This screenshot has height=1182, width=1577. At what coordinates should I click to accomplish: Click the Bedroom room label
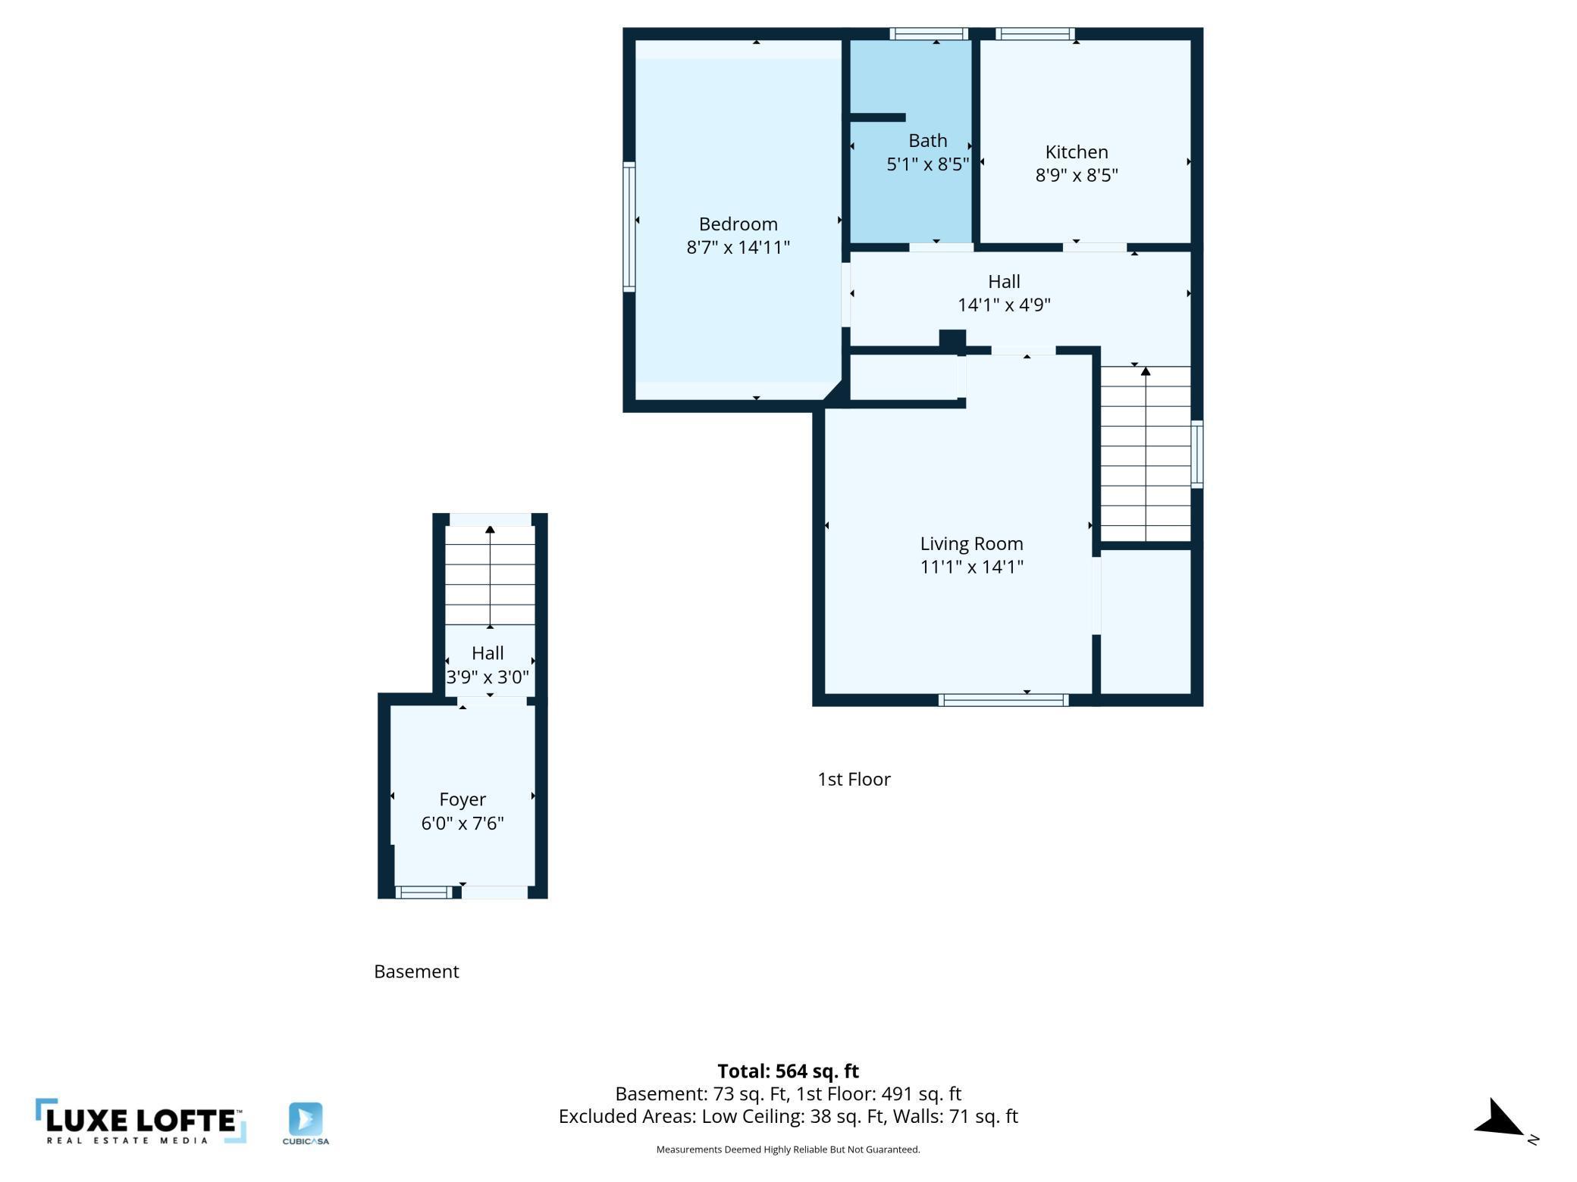click(x=738, y=224)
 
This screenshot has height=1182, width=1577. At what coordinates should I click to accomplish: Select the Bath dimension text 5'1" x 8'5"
click(x=928, y=164)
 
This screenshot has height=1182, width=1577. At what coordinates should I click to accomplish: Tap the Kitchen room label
click(x=1077, y=152)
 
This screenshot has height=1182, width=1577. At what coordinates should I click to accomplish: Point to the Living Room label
click(x=971, y=543)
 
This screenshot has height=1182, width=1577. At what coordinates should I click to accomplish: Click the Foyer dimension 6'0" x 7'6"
click(x=462, y=823)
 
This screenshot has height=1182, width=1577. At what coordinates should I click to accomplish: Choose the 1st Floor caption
click(x=854, y=779)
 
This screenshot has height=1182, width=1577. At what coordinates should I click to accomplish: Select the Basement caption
click(x=416, y=971)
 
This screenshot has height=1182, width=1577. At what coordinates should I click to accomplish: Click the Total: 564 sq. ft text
click(x=788, y=1071)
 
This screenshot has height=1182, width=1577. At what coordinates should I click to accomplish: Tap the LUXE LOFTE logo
click(x=141, y=1121)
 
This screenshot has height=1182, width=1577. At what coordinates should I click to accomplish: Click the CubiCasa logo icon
click(x=306, y=1119)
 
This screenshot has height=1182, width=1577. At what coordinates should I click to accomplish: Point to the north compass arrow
click(x=1500, y=1119)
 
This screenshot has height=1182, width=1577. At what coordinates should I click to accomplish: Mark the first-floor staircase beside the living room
click(x=1146, y=454)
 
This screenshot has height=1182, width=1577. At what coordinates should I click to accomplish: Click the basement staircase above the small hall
click(x=490, y=575)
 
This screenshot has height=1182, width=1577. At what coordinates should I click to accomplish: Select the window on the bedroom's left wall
click(x=629, y=227)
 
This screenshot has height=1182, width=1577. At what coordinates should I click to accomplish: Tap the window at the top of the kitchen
click(x=1035, y=33)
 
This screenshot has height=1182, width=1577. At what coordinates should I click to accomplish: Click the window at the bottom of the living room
click(x=1003, y=700)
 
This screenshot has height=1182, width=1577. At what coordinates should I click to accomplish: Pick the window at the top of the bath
click(x=929, y=33)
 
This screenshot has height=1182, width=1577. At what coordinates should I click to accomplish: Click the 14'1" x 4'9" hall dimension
click(x=1004, y=305)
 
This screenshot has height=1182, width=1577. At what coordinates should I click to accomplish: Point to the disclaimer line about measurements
click(x=788, y=1149)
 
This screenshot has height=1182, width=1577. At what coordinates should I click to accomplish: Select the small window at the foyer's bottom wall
click(x=424, y=893)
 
